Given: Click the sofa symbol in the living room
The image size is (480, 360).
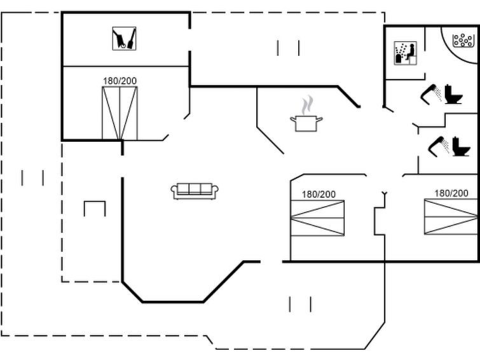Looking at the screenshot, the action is click(195, 191).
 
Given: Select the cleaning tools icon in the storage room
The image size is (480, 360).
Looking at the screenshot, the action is click(124, 39).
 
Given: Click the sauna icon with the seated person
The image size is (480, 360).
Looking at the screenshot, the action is click(406, 53).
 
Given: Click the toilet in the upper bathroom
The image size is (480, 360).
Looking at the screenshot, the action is click(453, 94).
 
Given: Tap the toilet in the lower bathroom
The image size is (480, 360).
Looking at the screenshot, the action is click(461, 146).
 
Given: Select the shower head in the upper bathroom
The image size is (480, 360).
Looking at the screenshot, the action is click(431, 93).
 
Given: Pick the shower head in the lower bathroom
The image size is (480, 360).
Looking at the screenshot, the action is click(439, 146).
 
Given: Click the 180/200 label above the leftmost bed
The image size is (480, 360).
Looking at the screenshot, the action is click(120, 81).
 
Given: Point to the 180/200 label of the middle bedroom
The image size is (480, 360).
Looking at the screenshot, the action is click(319, 194).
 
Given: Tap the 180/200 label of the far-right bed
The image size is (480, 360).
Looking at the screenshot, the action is click(451, 193).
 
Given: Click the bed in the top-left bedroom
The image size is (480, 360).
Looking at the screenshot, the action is click(120, 113).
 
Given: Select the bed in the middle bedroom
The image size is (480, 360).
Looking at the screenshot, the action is click(317, 218).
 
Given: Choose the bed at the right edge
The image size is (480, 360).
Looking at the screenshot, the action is click(451, 217).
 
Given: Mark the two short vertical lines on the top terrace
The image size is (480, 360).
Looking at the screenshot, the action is click(289, 48).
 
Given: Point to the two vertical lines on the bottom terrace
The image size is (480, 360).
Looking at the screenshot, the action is click(300, 304).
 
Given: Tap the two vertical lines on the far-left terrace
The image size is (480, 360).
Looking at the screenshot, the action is click(32, 177).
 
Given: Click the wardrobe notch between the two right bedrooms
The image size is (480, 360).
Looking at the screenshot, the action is click(379, 221).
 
